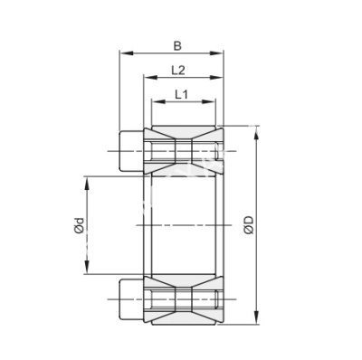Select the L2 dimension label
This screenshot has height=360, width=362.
178,70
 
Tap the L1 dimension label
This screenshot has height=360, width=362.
181,94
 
